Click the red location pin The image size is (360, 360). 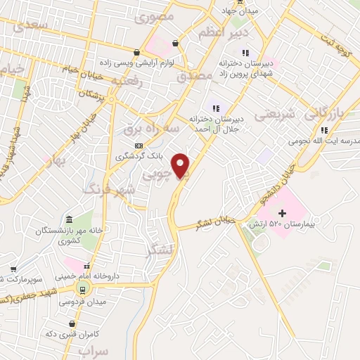pyautogui.click(x=181, y=166)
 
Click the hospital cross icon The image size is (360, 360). pyautogui.click(x=282, y=212)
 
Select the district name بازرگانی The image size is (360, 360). pyautogui.click(x=327, y=112)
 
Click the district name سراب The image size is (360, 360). pyautogui.click(x=94, y=349)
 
